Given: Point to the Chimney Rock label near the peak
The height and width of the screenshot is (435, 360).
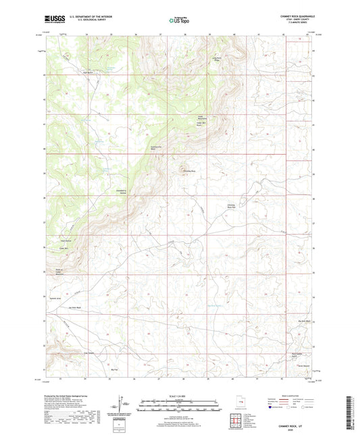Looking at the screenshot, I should pos(189,171).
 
